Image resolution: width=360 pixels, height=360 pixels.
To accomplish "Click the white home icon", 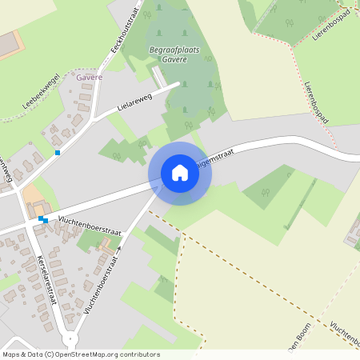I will (x=180, y=173).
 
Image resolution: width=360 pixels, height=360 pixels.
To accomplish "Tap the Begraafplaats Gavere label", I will (x=174, y=54).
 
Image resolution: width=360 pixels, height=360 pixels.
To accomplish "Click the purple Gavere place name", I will (x=89, y=78).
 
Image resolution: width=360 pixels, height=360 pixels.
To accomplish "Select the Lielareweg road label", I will (x=134, y=103).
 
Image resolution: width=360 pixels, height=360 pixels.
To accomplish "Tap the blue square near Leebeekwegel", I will (x=58, y=152).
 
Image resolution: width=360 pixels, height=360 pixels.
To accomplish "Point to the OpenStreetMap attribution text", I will (x=81, y=354).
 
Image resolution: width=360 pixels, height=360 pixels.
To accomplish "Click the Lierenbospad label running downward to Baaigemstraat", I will (x=318, y=102).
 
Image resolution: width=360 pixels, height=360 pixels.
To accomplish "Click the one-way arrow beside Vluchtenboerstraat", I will (x=118, y=250).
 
